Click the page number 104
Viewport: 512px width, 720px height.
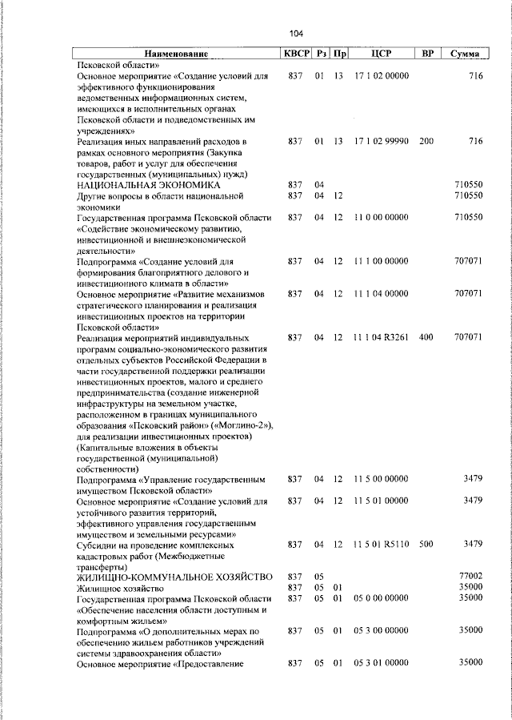[x=297, y=33]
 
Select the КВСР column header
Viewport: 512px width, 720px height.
[x=294, y=54]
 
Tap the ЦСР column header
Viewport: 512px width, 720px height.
[x=380, y=54]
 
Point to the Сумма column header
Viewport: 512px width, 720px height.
[x=465, y=54]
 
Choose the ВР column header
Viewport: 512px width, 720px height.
[x=427, y=54]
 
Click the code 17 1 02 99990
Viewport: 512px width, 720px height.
[x=381, y=141]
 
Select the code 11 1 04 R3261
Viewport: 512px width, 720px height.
[x=381, y=338]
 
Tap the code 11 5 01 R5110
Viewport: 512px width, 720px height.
[x=381, y=545]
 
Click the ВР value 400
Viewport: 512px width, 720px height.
[x=426, y=338]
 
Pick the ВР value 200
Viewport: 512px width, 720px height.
[x=426, y=141]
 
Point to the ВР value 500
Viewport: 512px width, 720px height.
[x=426, y=545]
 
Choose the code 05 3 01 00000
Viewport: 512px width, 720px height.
[x=381, y=663]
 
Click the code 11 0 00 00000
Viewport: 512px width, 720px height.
[x=381, y=217]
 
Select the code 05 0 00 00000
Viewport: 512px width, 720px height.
[x=381, y=598]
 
